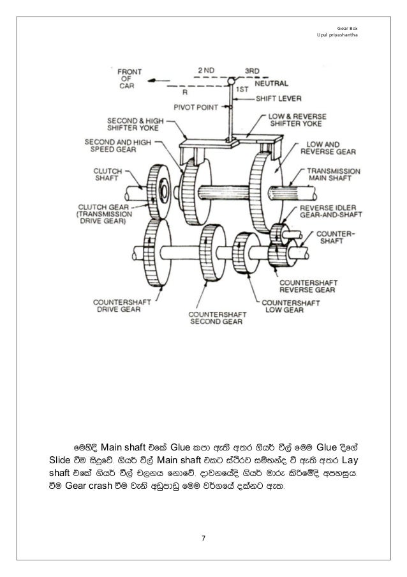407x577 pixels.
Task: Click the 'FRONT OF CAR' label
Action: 129,79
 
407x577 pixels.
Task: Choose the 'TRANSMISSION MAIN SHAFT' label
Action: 334,176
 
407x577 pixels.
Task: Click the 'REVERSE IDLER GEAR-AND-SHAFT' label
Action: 331,213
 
